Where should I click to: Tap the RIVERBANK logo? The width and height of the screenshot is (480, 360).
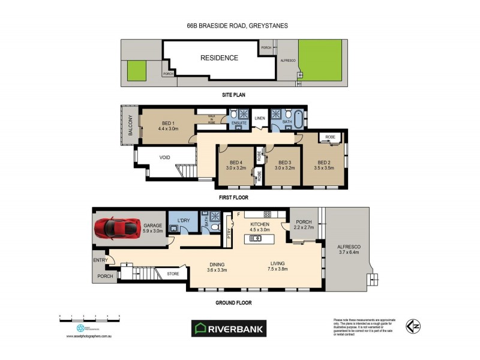coord(228,328)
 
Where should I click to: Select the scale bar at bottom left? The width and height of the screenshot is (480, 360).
coord(89,317)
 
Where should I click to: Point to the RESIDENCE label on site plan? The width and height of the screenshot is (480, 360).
coord(219,58)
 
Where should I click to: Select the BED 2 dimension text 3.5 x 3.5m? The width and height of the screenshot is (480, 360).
coord(325,169)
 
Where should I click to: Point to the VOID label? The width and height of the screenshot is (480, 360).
coord(165,158)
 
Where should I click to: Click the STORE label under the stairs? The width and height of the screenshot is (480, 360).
coord(172,274)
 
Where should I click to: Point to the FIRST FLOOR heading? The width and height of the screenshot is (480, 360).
coord(233,197)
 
